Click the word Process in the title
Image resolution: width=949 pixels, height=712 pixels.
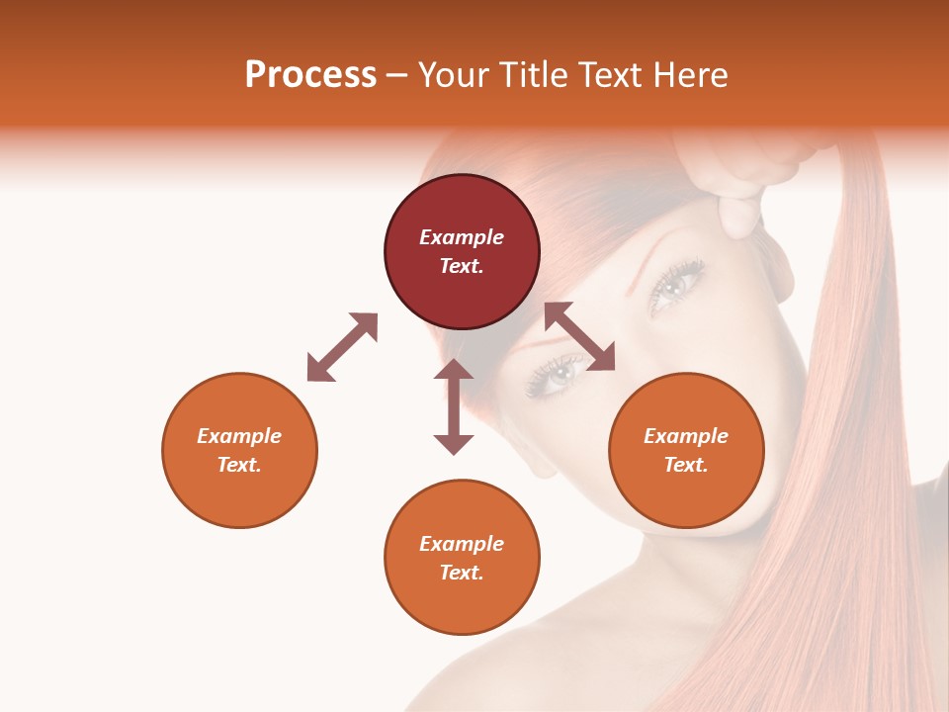(x=310, y=75)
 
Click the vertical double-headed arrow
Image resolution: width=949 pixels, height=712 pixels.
(x=454, y=406)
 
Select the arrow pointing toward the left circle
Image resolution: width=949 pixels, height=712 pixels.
(x=342, y=347)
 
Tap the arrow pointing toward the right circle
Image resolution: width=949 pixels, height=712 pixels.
(x=579, y=337)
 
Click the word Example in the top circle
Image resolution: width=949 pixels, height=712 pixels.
(x=462, y=237)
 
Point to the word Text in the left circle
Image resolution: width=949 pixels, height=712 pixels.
(x=238, y=465)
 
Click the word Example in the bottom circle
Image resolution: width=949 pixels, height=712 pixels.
(x=462, y=544)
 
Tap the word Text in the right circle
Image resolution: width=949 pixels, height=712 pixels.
(x=685, y=465)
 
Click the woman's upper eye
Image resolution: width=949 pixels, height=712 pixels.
(x=677, y=285)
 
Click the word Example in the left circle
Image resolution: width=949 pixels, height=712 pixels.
(x=239, y=436)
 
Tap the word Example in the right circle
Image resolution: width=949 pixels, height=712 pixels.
(x=686, y=436)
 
